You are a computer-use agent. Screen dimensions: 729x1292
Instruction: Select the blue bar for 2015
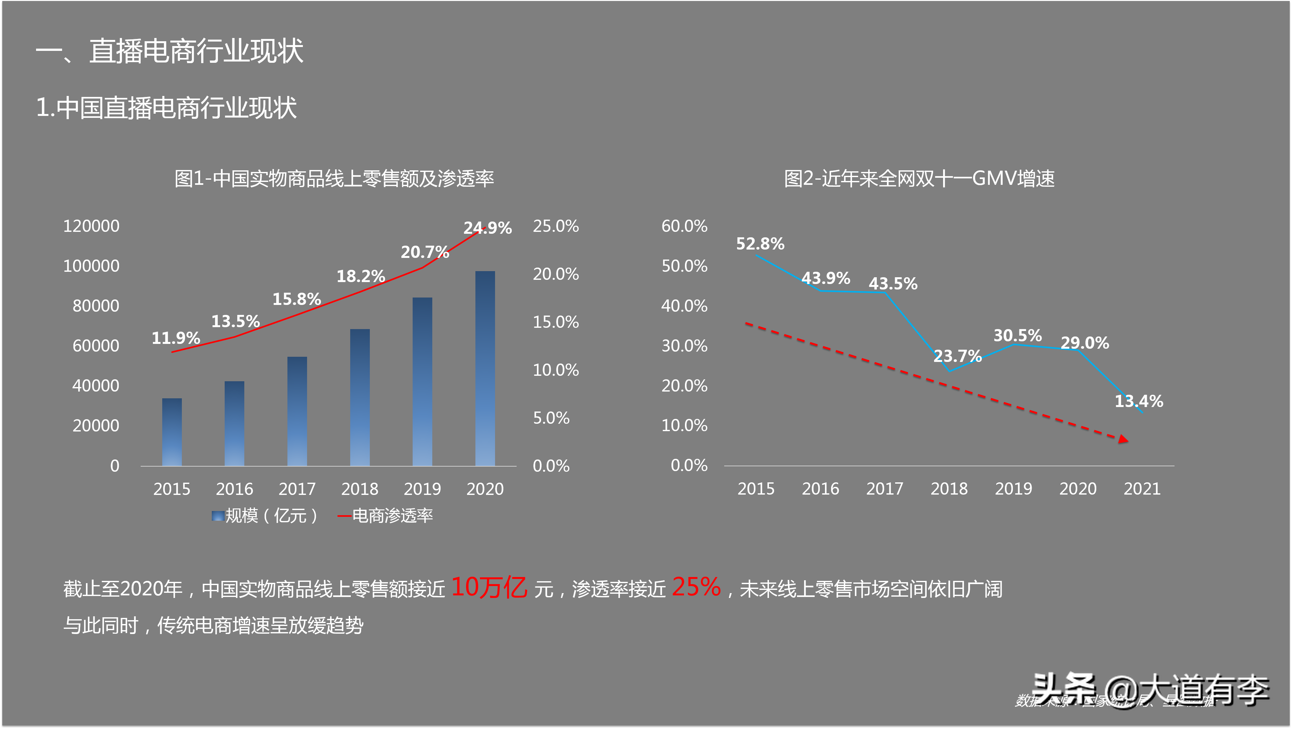(172, 432)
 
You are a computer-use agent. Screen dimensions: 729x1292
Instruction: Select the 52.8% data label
(760, 244)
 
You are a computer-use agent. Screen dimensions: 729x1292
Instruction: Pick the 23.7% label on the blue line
(957, 356)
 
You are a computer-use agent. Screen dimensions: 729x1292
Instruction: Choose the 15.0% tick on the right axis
(555, 322)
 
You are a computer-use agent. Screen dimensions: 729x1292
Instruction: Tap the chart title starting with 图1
(334, 178)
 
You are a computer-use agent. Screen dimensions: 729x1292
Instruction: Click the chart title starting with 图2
(919, 178)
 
